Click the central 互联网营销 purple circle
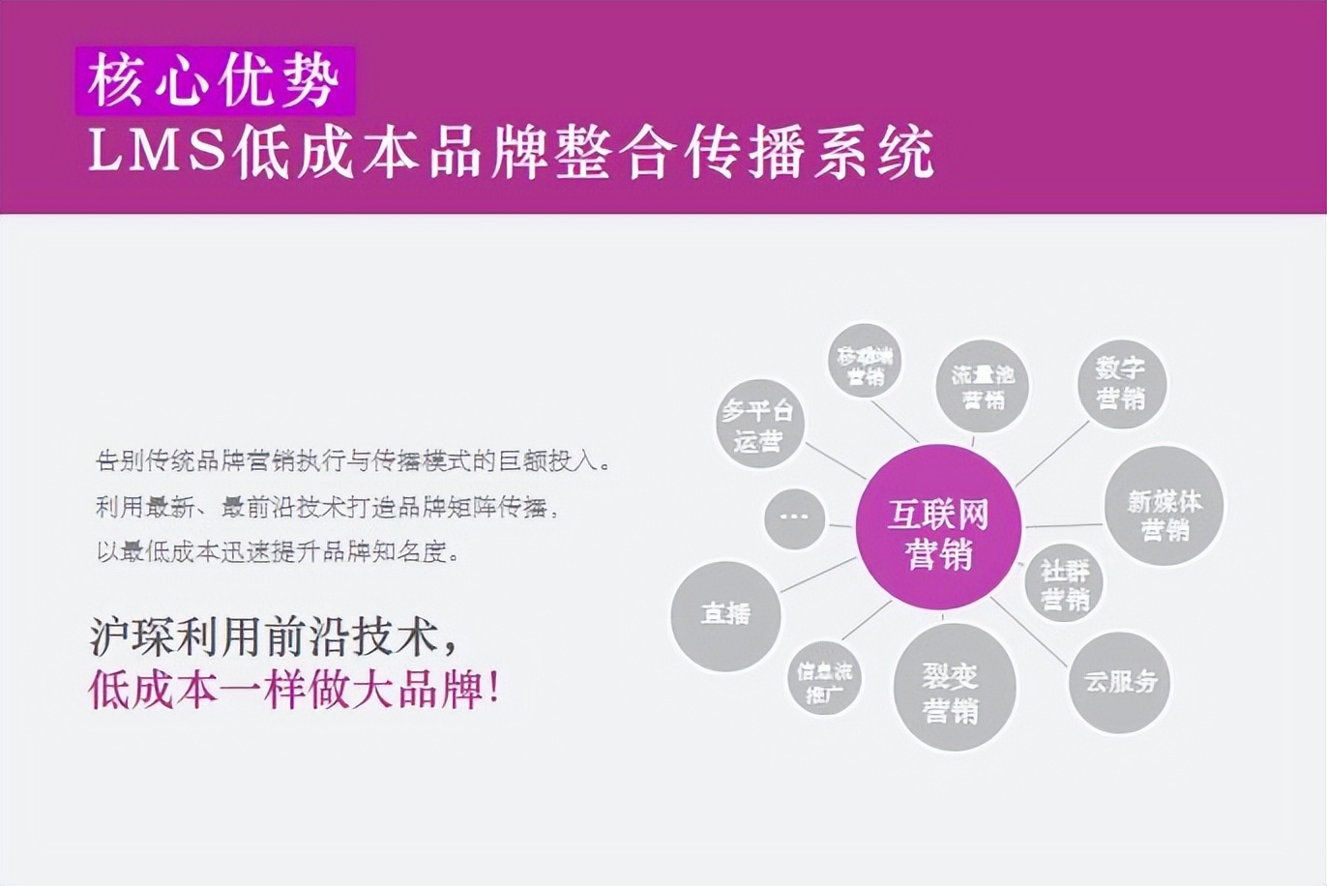coord(938,527)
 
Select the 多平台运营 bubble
coord(758,424)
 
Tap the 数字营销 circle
coord(1121,382)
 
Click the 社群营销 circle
coord(1064,583)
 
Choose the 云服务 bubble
coord(1120,682)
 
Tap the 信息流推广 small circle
coord(824,680)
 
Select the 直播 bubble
coord(725,615)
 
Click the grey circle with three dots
coord(794,517)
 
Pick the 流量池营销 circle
coord(982,386)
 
